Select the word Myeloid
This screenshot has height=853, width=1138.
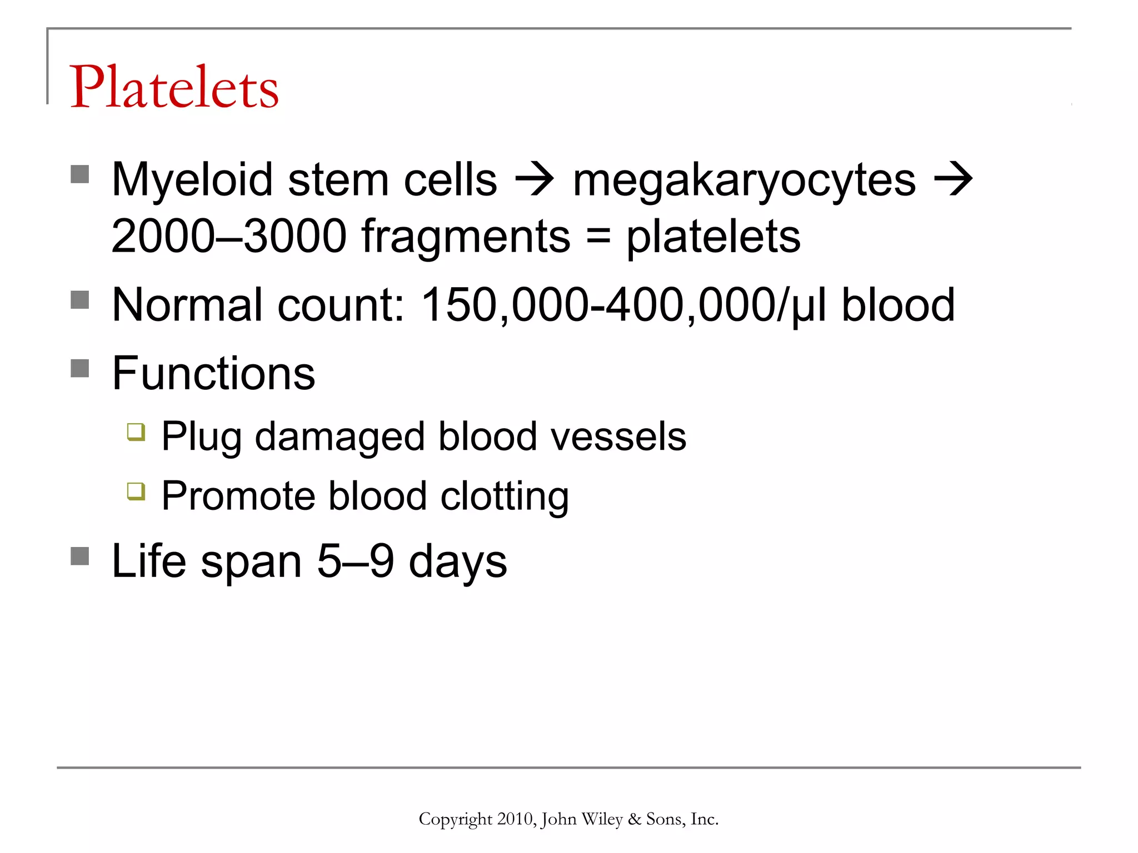click(x=192, y=180)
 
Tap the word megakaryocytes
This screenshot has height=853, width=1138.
click(x=744, y=181)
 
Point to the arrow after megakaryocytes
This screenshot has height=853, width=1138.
click(x=953, y=179)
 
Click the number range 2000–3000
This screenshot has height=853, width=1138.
click(x=229, y=236)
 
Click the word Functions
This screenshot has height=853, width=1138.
click(x=213, y=373)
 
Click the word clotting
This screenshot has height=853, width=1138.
click(x=505, y=496)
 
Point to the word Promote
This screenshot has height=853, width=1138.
click(x=239, y=496)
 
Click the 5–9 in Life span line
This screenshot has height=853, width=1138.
click(x=356, y=561)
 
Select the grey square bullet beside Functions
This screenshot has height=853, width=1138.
click(x=80, y=368)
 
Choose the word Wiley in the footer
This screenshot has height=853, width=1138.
click(x=601, y=819)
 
